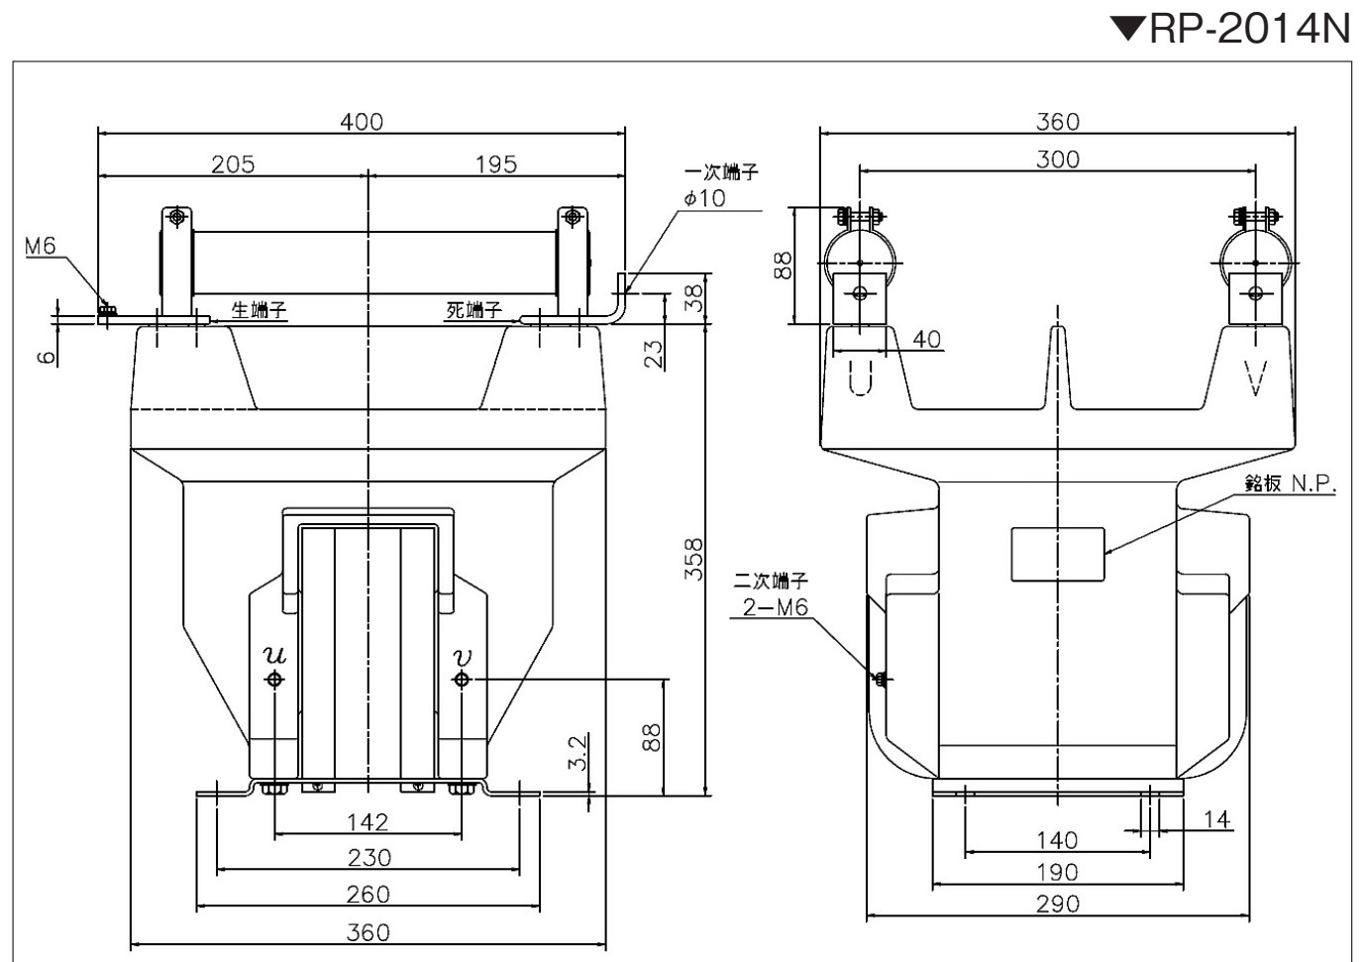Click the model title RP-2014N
pos(1249,28)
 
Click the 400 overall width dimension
pos(362,122)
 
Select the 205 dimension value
pos(233,164)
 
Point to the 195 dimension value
pos(496,164)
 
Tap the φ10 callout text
pos(704,198)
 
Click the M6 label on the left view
pos(41,246)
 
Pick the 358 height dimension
pos(694,559)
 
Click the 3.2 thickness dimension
pos(577,752)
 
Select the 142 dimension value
pos(367,822)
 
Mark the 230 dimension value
pos(368,858)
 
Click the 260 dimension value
pos(368,895)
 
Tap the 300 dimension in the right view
pos(1057,160)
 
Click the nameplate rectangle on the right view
pos(1057,554)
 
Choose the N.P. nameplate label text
pos(1313,484)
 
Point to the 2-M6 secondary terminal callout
pos(776,607)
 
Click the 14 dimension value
pos(1216,820)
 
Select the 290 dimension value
pos(1057,904)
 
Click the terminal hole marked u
pos(274,679)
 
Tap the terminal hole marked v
pos(462,679)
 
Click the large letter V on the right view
pos(1255,378)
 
